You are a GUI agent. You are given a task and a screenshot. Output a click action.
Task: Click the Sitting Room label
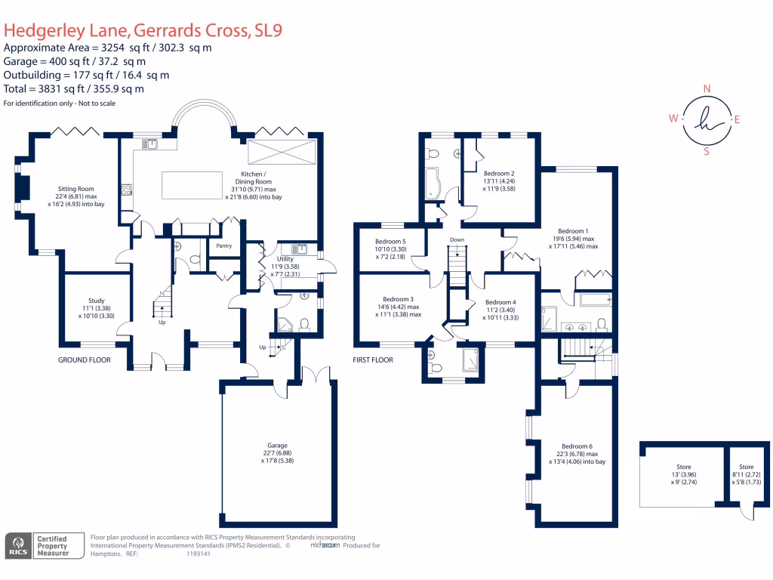75,189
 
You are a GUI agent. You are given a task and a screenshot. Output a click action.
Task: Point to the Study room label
95,300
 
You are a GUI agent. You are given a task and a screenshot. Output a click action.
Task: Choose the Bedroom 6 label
577,446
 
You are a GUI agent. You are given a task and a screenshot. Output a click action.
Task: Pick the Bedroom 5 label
390,241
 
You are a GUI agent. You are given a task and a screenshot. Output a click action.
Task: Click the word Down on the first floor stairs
457,240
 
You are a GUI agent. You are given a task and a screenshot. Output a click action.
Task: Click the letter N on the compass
707,88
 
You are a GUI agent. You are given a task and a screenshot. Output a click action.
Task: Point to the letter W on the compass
672,119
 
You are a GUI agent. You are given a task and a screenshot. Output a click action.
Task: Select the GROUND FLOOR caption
85,360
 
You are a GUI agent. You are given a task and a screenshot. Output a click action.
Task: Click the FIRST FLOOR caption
373,360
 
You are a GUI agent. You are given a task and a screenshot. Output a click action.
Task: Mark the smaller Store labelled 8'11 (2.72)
746,467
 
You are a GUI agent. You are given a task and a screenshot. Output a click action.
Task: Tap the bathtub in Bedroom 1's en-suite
596,300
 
